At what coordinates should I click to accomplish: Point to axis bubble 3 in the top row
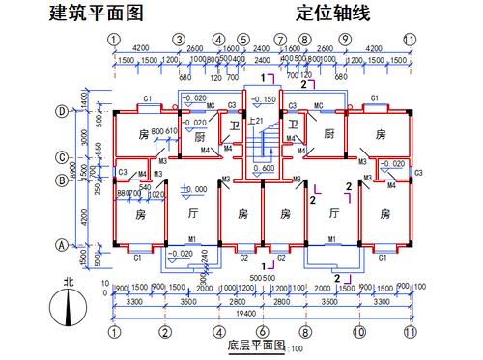(x=179, y=40)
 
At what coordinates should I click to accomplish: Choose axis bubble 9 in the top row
(x=346, y=40)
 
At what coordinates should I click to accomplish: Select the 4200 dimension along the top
(x=141, y=47)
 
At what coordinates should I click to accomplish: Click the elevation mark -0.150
(x=262, y=99)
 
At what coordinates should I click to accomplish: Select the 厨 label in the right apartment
(x=329, y=134)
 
